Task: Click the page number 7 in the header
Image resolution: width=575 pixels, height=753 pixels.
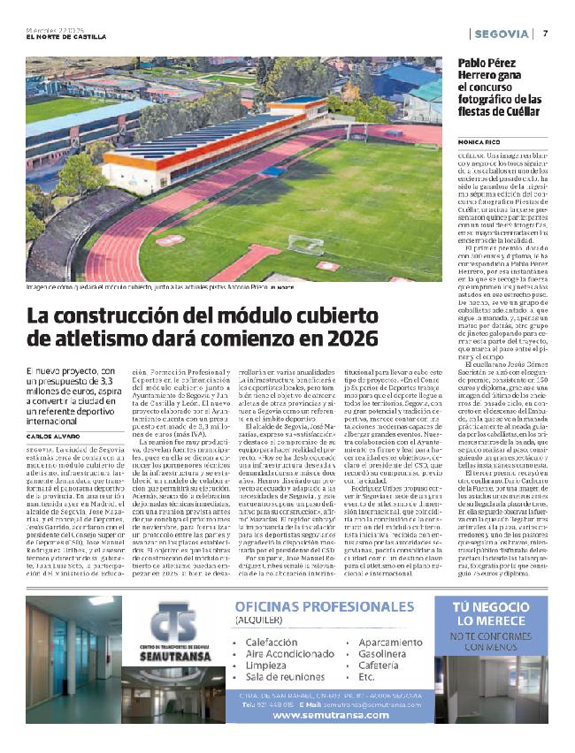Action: [x=546, y=34]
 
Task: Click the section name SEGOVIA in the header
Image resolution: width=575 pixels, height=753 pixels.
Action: [x=502, y=34]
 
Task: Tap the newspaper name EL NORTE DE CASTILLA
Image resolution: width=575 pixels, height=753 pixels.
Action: [x=66, y=37]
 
